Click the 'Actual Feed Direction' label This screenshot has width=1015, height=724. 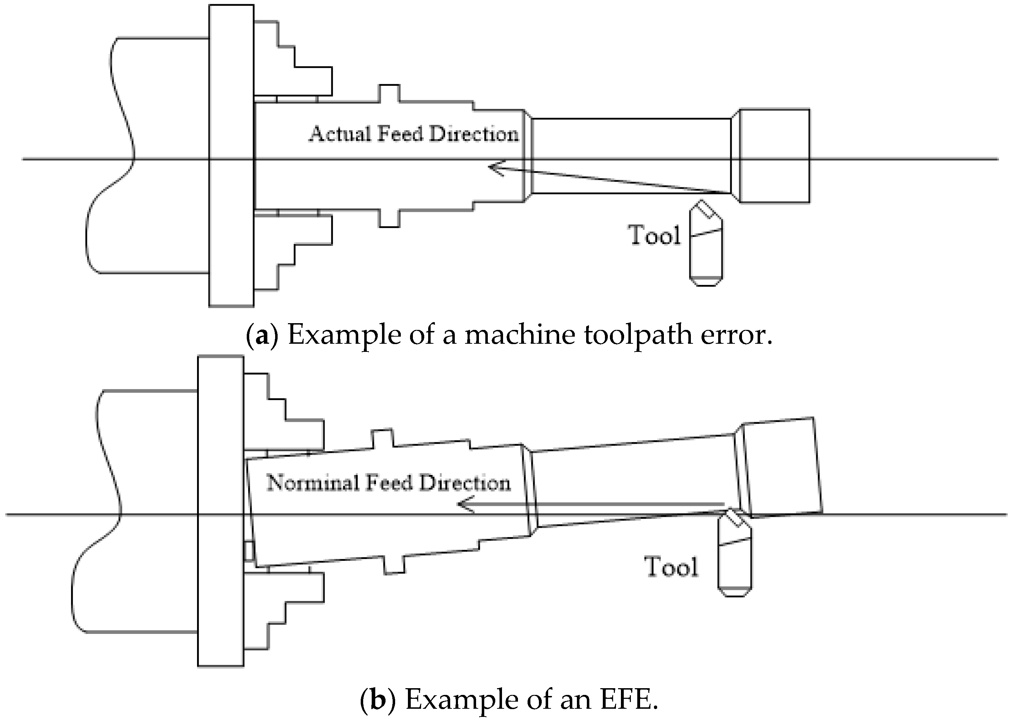tap(414, 134)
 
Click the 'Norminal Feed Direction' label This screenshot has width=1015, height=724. tap(388, 483)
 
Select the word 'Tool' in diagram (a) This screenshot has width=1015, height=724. tap(655, 235)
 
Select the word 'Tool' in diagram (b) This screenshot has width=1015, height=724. tap(671, 567)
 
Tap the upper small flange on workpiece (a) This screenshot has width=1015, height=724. tap(389, 92)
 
